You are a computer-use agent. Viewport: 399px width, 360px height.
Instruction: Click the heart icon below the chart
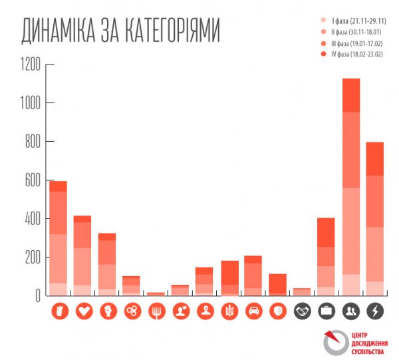pos(83,311)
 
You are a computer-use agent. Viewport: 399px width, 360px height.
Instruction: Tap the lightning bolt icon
pos(375,311)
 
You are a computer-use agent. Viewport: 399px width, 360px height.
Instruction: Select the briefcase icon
pos(326,311)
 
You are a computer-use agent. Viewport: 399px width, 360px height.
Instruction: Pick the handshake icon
pos(302,311)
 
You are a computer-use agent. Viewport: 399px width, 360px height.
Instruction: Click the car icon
pos(253,311)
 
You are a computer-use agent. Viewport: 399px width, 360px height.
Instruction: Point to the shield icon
pos(278,311)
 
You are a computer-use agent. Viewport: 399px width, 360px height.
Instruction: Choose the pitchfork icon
pos(156,311)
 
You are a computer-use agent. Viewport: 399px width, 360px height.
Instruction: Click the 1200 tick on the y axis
pos(31,65)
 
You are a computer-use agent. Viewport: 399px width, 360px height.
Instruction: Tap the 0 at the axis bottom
pos(37,295)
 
